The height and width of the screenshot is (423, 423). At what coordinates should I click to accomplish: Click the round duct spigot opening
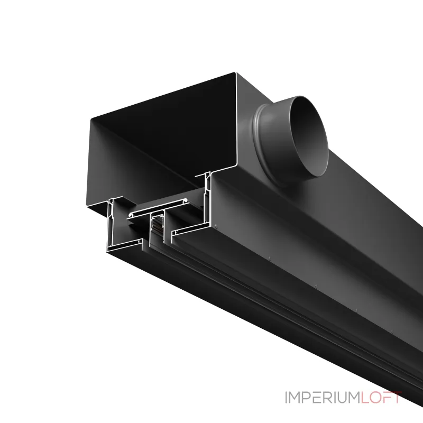(x=310, y=136)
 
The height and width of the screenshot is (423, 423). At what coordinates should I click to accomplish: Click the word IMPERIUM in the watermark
(x=323, y=398)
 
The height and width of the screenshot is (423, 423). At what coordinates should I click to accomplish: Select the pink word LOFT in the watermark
(x=381, y=398)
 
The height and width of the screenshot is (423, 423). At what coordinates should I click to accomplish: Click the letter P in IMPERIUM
(x=308, y=398)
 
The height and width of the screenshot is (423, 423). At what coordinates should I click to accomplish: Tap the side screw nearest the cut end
(x=216, y=226)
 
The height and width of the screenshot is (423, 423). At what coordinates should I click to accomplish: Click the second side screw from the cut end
(x=270, y=258)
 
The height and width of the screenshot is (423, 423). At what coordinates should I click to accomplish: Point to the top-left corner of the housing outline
(x=91, y=118)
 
